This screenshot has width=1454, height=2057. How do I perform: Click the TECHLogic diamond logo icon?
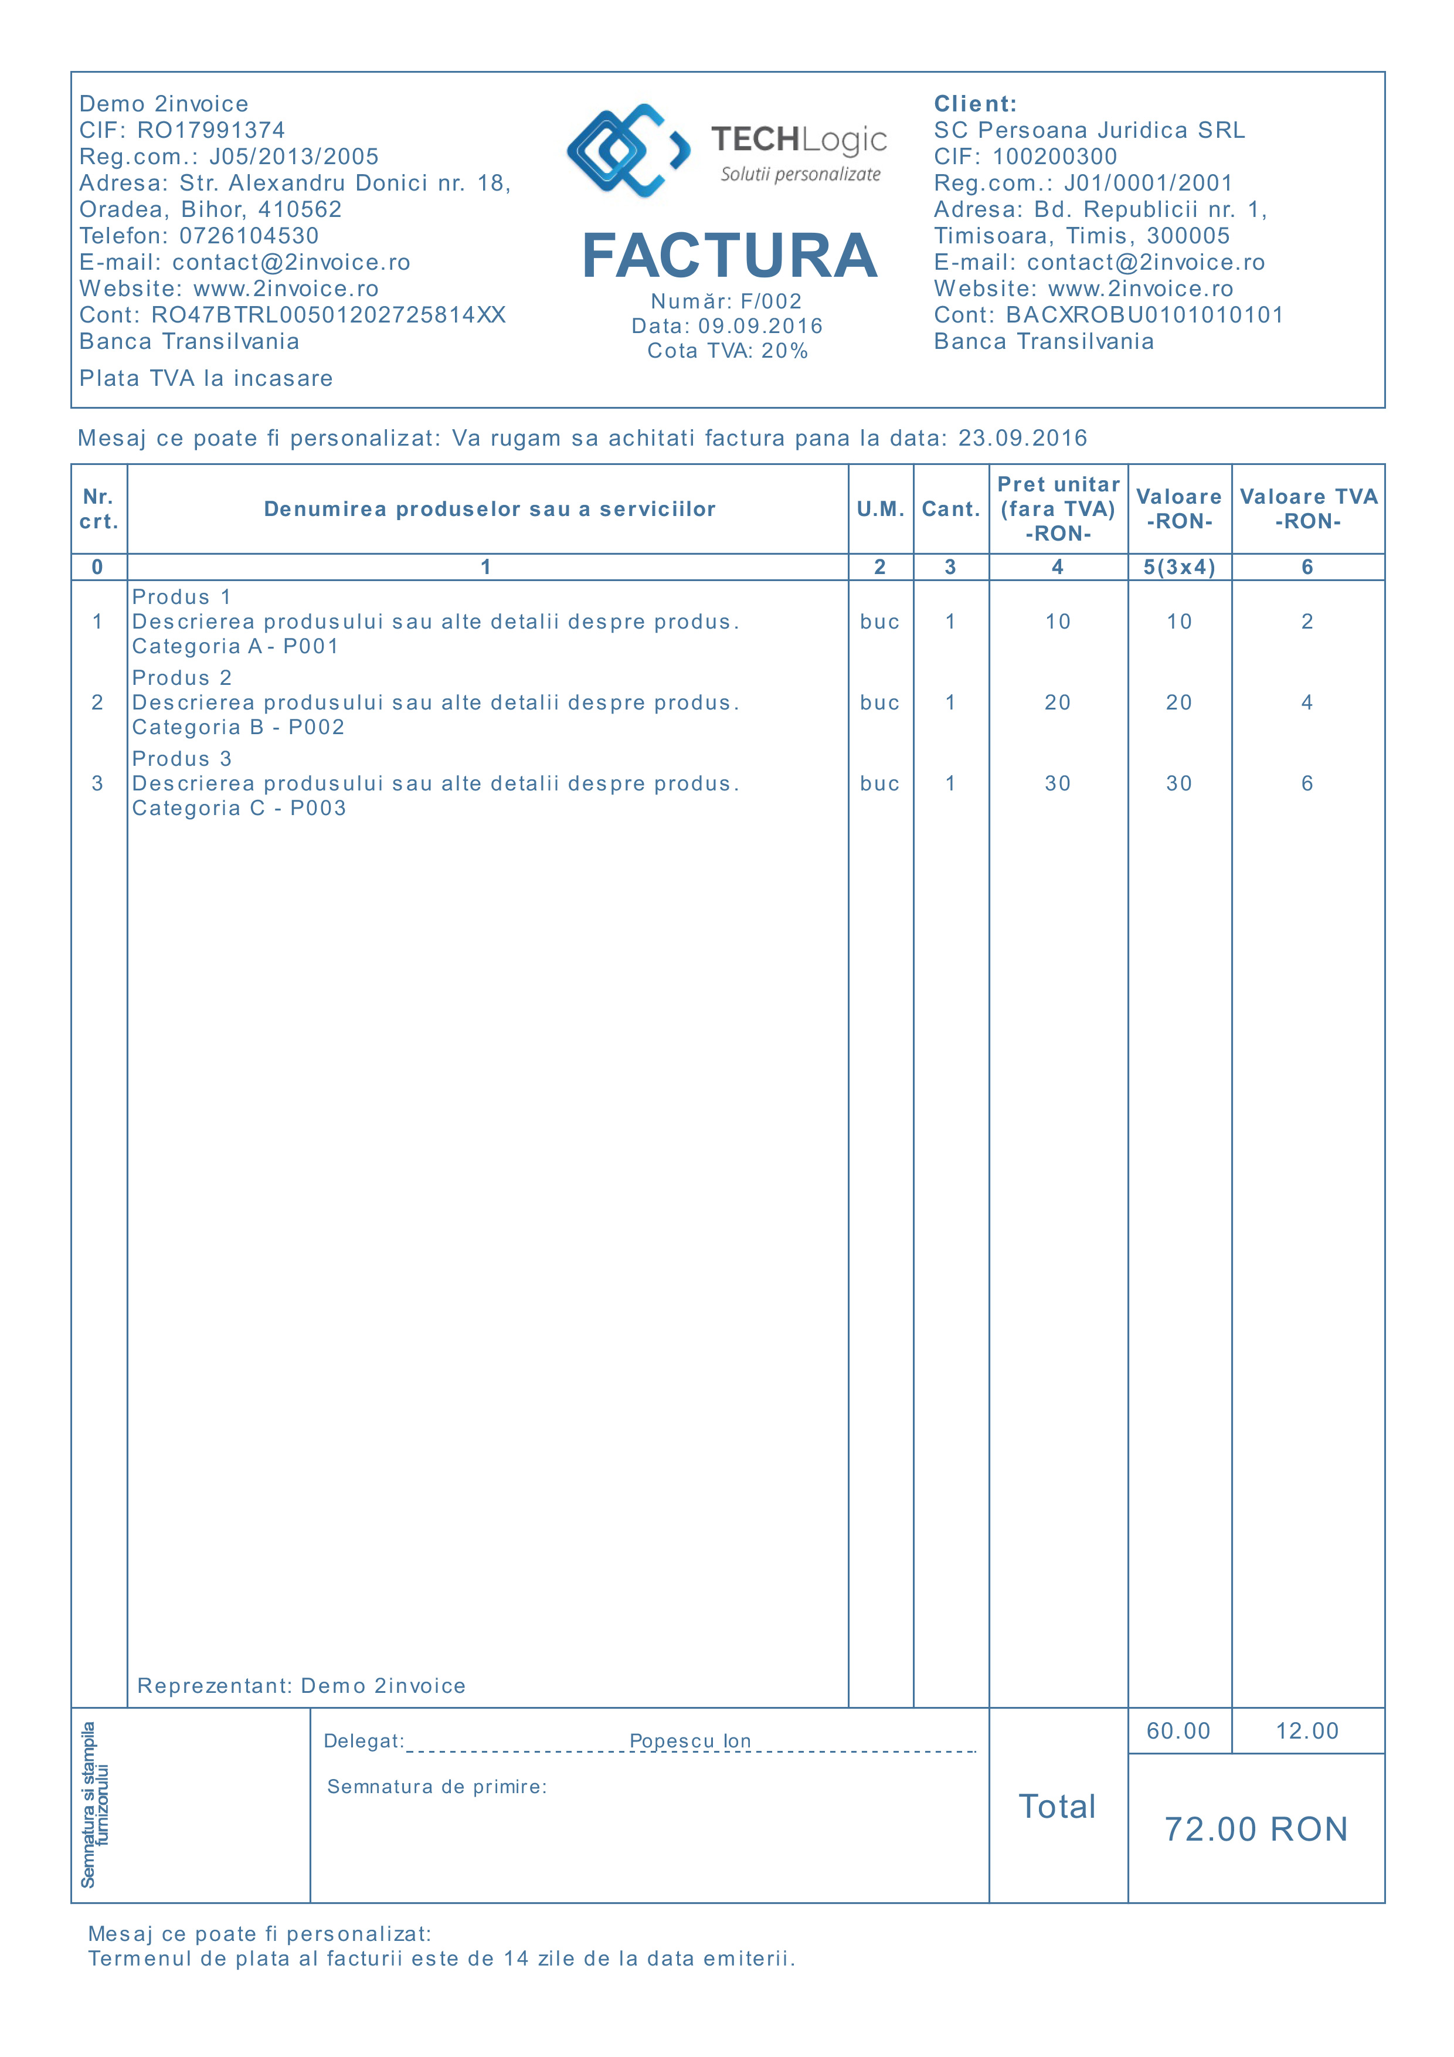[628, 151]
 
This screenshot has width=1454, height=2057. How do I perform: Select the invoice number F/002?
[770, 302]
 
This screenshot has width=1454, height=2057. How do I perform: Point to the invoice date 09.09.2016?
[760, 326]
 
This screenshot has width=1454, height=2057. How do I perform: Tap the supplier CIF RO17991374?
[210, 131]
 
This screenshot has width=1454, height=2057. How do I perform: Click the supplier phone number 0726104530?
[249, 236]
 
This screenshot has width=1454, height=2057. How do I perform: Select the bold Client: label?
[975, 104]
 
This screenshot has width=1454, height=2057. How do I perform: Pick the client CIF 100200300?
[1054, 157]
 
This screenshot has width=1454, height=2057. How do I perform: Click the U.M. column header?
[880, 509]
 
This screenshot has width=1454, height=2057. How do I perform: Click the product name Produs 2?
[182, 678]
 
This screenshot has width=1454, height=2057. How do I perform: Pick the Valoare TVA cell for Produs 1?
[1306, 622]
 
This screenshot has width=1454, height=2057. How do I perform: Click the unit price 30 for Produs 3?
[1057, 784]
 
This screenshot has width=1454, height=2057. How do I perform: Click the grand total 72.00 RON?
[1255, 1829]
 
